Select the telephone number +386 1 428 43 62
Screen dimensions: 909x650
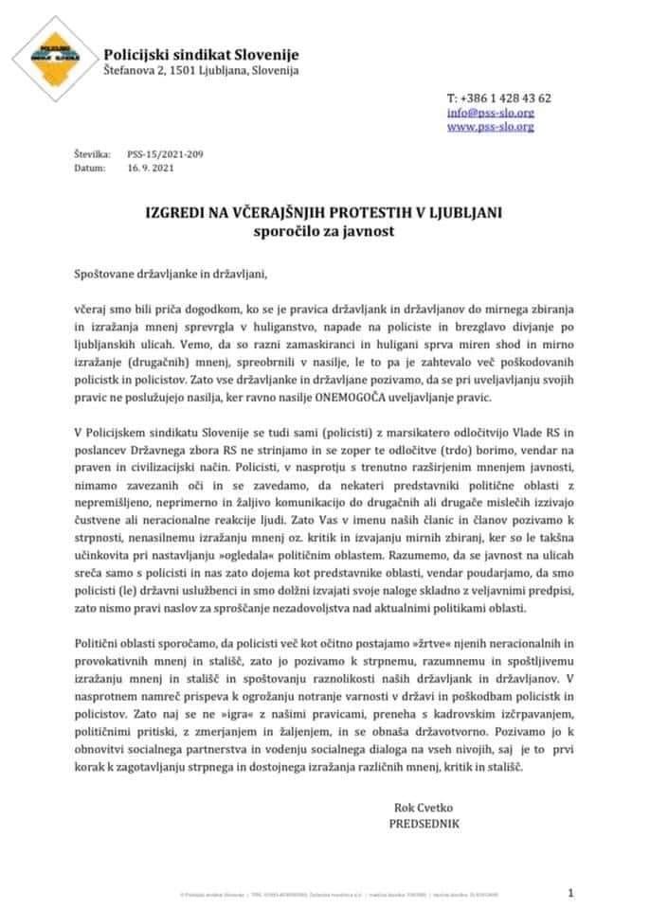(498, 98)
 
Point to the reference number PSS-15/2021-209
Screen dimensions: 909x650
(159, 153)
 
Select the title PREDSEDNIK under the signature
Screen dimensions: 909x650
(424, 825)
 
